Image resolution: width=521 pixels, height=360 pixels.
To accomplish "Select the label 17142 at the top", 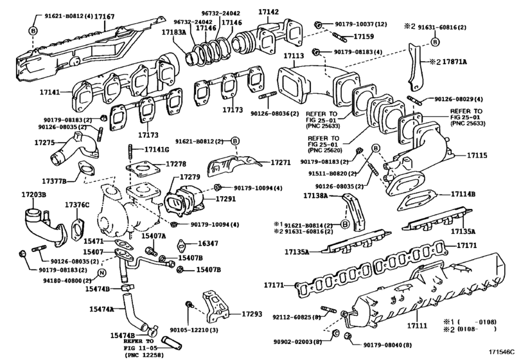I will click(x=268, y=11).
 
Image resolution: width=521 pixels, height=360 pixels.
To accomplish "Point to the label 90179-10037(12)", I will click(x=361, y=24).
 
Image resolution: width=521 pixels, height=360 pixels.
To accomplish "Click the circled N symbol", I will click(x=100, y=273).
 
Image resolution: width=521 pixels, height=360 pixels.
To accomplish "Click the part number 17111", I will click(x=418, y=327).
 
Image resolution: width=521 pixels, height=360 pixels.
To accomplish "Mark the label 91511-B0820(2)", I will click(x=328, y=174).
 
